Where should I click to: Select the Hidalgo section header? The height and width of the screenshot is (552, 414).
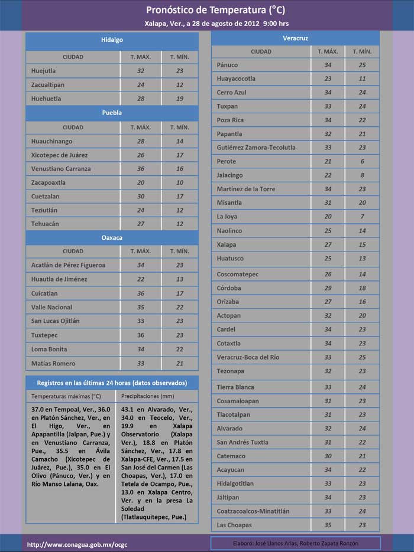(112, 40)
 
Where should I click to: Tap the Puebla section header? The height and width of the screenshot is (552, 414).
(112, 113)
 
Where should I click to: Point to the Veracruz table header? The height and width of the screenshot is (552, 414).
(295, 38)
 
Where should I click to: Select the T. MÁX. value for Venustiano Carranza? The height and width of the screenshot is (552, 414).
(141, 169)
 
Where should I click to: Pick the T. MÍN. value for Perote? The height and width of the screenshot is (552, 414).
(362, 161)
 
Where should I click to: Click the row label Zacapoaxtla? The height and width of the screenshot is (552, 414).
(48, 182)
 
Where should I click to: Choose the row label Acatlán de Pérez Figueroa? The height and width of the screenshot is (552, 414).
(68, 265)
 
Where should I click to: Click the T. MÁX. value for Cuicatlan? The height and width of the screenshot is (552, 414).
(141, 293)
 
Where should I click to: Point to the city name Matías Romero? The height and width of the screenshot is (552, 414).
(53, 363)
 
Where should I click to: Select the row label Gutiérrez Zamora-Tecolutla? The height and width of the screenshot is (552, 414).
(256, 148)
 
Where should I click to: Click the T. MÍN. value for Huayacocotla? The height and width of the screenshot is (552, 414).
(362, 79)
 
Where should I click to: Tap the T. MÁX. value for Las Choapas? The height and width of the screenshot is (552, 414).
(328, 525)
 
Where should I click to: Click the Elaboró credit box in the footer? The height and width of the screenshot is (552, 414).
(295, 543)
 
